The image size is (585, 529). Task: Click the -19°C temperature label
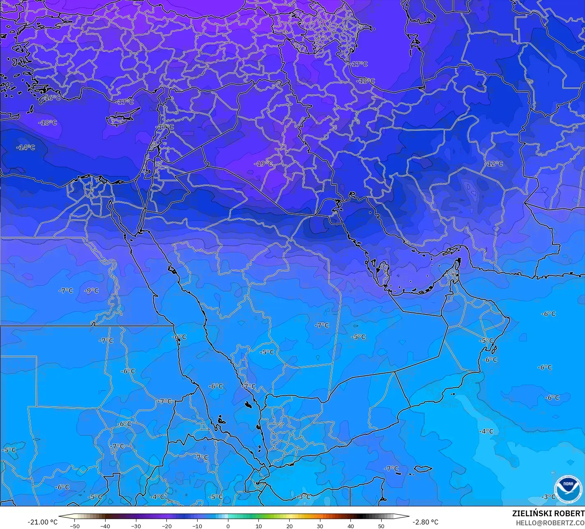(263, 164)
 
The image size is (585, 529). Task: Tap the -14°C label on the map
(25, 148)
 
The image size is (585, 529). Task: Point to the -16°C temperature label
(52, 98)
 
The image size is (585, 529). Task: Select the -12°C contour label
(493, 164)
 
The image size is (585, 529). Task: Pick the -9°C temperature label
(92, 291)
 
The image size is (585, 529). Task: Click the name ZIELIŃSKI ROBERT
(548, 513)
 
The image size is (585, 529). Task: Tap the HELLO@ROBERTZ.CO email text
(550, 523)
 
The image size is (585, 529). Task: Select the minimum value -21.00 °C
(42, 522)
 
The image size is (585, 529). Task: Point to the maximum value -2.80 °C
(425, 522)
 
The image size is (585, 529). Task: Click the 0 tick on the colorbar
(228, 526)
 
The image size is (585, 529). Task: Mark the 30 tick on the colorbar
(320, 526)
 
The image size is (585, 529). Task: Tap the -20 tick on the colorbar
(166, 526)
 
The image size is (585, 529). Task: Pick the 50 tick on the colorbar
(381, 526)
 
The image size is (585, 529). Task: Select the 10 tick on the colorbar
(259, 526)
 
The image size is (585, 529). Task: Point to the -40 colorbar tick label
(105, 526)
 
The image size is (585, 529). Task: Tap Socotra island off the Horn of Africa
(423, 469)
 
